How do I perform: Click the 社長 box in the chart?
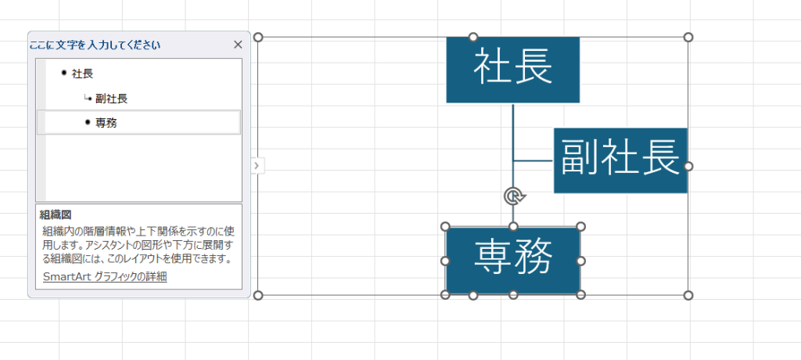[x=512, y=69]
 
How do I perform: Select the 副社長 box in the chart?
[x=620, y=160]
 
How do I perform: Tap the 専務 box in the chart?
[x=512, y=260]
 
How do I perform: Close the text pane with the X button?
[x=238, y=45]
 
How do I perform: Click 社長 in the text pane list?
[x=82, y=74]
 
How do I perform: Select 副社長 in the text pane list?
[x=111, y=99]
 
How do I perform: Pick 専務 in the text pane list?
[x=106, y=123]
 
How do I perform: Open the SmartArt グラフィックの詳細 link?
[x=104, y=276]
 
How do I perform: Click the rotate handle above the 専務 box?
[x=513, y=195]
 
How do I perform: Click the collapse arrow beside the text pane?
[x=257, y=165]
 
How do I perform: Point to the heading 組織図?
[x=56, y=214]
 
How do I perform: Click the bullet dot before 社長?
[x=63, y=73]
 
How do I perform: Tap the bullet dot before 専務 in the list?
[x=88, y=122]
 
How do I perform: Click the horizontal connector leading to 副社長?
[x=533, y=161]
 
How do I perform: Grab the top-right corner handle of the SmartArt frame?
[x=688, y=37]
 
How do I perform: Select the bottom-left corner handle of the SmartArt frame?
[x=259, y=295]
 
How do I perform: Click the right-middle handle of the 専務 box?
[x=581, y=261]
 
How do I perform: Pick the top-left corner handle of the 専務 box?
[x=446, y=227]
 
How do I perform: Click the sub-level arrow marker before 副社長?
[x=88, y=99]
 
